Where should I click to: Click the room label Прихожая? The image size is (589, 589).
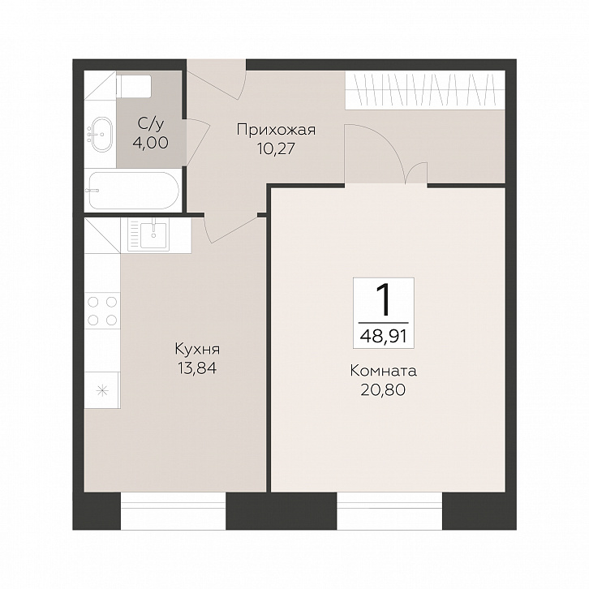click(x=276, y=130)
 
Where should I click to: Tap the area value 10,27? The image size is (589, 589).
click(x=276, y=149)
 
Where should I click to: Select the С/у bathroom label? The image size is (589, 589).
click(x=151, y=124)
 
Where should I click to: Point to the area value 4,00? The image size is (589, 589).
click(x=151, y=143)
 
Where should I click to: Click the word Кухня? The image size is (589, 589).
click(x=197, y=350)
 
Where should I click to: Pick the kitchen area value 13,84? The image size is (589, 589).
click(x=198, y=368)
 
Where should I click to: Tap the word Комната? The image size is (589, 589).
click(x=383, y=371)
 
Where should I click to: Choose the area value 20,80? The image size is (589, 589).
click(x=383, y=390)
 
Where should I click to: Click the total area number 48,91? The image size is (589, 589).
click(x=383, y=337)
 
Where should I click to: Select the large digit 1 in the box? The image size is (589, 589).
click(x=384, y=299)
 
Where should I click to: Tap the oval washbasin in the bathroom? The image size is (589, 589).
click(x=101, y=134)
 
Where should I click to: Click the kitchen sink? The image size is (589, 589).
click(x=148, y=234)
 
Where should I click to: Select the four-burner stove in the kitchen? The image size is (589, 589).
click(x=102, y=311)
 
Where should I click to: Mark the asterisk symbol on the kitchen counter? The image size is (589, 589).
click(x=101, y=391)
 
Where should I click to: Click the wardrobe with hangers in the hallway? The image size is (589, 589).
click(x=424, y=91)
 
